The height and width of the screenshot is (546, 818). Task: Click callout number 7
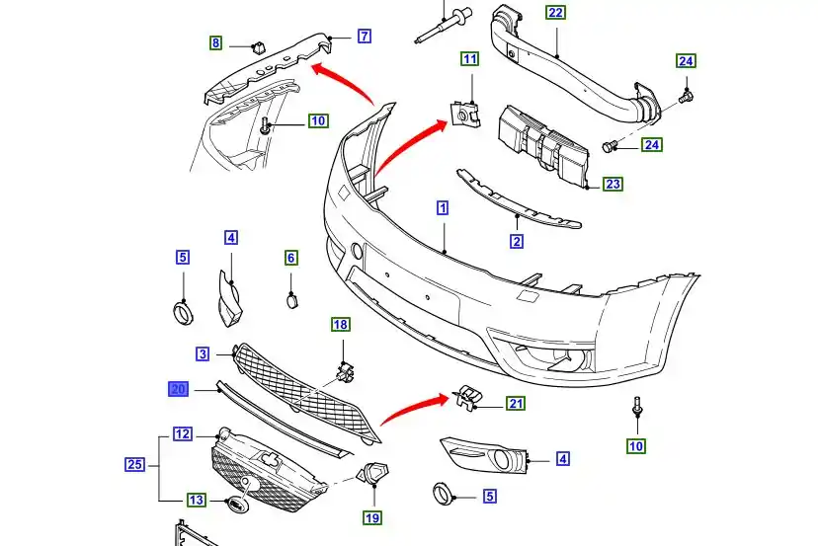[365, 37]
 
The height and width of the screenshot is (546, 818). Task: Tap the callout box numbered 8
[215, 42]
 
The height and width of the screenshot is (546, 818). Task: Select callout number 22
[555, 13]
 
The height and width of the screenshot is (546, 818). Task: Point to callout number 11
[469, 59]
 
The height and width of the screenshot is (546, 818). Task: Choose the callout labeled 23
[613, 184]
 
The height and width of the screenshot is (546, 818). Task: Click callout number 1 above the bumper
[443, 208]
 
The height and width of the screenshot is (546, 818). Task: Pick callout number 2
[517, 241]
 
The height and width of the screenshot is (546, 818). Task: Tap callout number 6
[291, 258]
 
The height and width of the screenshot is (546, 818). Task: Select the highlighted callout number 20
[179, 389]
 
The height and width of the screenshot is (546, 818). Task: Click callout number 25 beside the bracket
[135, 463]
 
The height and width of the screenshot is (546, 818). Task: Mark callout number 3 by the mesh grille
[203, 353]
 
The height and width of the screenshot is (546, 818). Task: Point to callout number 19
[372, 517]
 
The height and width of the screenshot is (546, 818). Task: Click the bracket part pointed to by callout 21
[466, 397]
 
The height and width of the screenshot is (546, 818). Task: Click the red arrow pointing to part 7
[341, 81]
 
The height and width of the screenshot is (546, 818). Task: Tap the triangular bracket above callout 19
[374, 475]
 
